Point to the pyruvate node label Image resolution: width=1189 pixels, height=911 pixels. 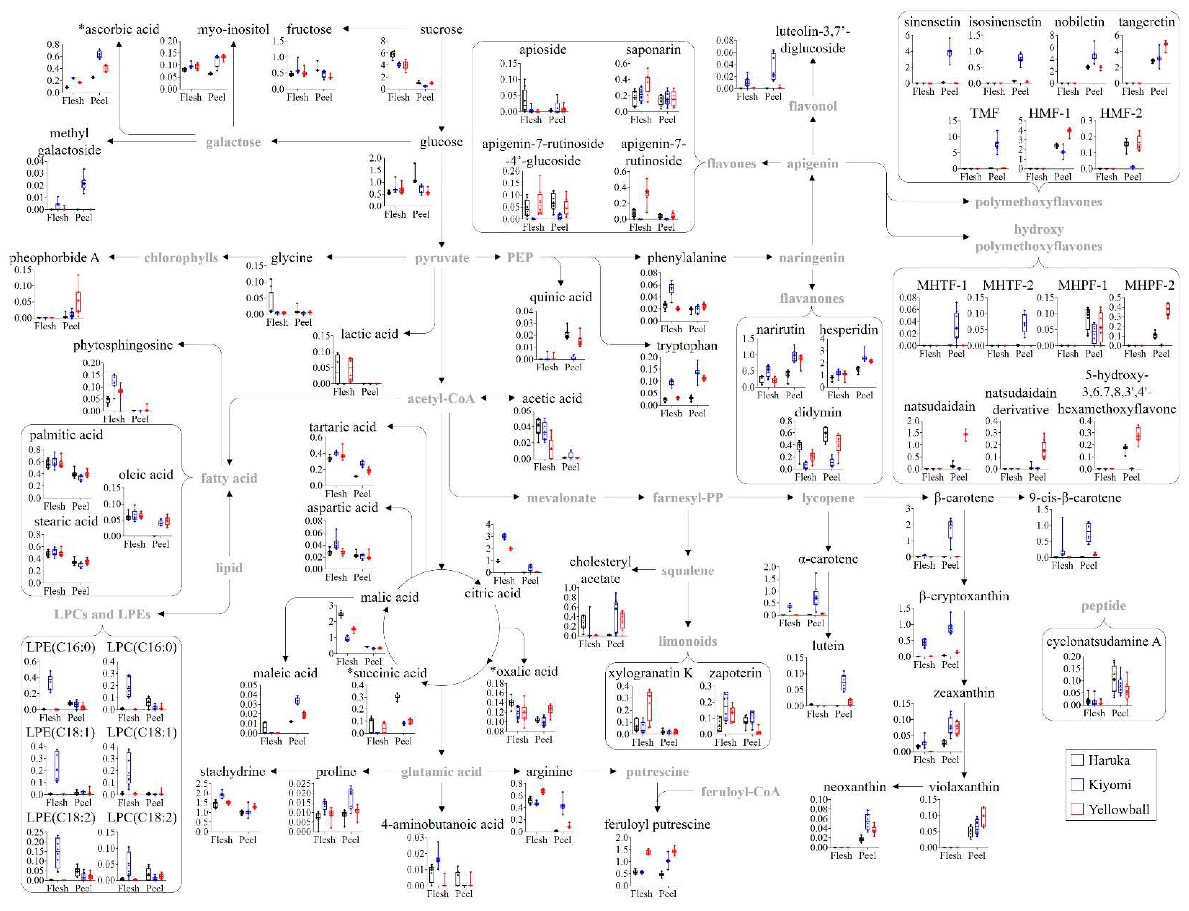tap(442, 258)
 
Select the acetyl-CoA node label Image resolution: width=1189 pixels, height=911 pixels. tap(441, 398)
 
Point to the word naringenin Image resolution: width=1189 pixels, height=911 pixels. tap(812, 258)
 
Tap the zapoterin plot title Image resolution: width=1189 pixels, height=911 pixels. tap(735, 673)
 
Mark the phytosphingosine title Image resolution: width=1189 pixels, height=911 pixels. tap(123, 345)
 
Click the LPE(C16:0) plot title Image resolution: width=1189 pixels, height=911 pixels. tap(61, 647)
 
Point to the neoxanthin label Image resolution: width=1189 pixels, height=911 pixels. tap(855, 786)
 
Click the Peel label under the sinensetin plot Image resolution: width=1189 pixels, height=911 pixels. tap(949, 91)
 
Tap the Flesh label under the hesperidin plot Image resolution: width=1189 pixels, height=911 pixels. tap(838, 395)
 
